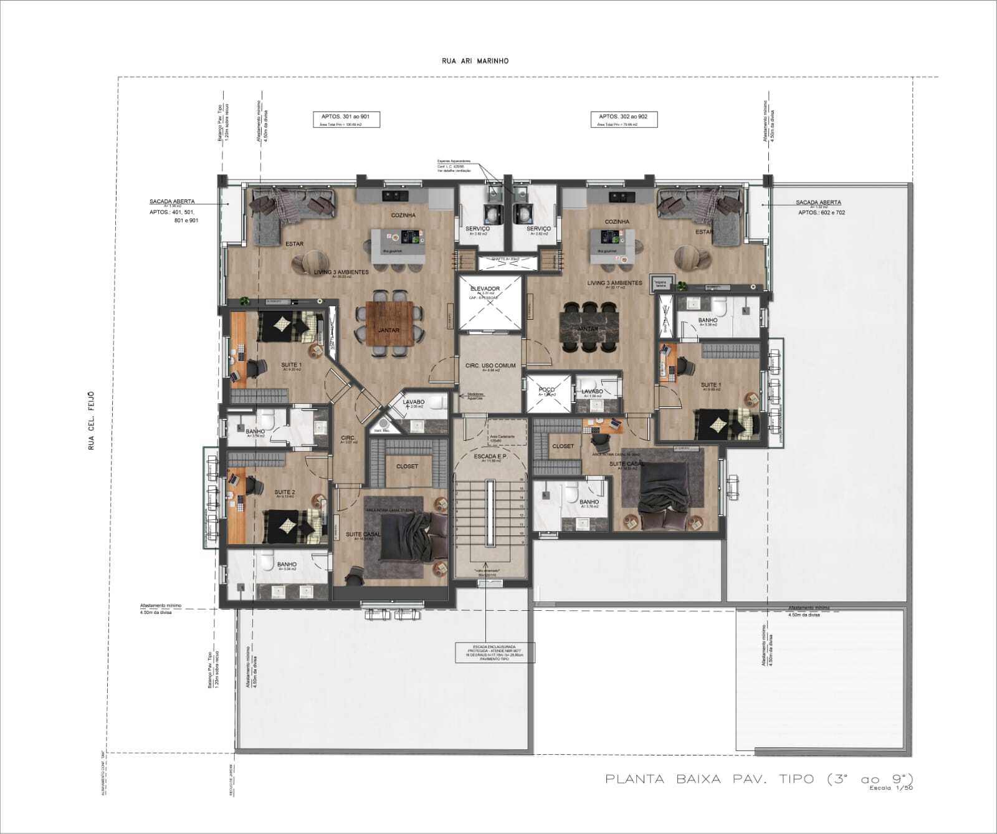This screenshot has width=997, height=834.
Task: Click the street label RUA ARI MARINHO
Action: click(x=475, y=61)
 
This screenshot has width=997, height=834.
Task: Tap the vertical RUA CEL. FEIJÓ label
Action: click(x=92, y=421)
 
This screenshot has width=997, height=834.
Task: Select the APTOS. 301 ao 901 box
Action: click(x=345, y=119)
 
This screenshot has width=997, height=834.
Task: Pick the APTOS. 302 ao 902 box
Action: click(x=623, y=118)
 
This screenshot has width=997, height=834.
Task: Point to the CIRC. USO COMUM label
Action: click(x=490, y=366)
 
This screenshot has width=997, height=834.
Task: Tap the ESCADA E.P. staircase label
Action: click(x=490, y=457)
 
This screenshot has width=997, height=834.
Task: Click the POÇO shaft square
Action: click(x=548, y=393)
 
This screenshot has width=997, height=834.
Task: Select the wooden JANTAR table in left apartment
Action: click(x=389, y=324)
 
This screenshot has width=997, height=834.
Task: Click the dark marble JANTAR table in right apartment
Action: click(x=588, y=327)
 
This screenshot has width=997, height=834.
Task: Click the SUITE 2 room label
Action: click(x=284, y=492)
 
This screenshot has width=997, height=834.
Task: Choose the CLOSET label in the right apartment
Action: click(x=563, y=446)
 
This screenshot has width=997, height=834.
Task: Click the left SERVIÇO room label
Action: click(x=477, y=229)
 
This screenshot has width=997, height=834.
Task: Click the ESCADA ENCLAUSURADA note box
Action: click(x=494, y=652)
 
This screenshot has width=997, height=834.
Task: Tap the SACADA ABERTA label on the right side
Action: click(x=818, y=203)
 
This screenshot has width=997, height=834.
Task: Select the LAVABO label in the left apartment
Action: click(x=413, y=403)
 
